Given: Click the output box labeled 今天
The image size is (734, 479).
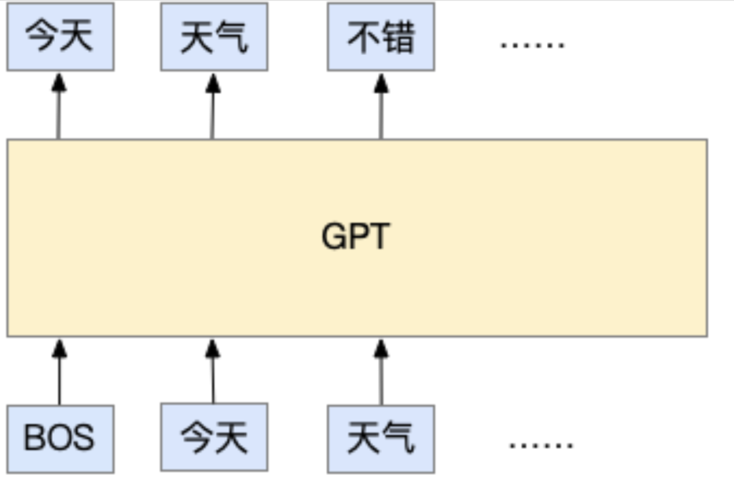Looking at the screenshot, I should pyautogui.click(x=60, y=37).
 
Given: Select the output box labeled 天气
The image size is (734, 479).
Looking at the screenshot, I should pyautogui.click(x=214, y=37).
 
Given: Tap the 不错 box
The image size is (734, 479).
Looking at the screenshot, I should pyautogui.click(x=381, y=37).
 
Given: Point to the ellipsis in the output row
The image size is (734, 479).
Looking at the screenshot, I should pyautogui.click(x=532, y=45).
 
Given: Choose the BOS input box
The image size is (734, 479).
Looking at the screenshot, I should pyautogui.click(x=60, y=438).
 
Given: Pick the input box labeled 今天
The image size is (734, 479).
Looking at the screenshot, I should pyautogui.click(x=214, y=437).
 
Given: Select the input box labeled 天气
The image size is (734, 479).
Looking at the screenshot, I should pyautogui.click(x=381, y=438).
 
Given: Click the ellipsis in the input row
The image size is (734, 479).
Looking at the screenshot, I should pyautogui.click(x=541, y=446).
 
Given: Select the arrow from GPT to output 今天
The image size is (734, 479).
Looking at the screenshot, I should pyautogui.click(x=58, y=106).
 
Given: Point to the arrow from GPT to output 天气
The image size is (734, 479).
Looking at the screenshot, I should pyautogui.click(x=213, y=106).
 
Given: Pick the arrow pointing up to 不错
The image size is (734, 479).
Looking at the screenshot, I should pyautogui.click(x=381, y=106).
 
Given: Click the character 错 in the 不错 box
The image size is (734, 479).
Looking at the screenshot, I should pyautogui.click(x=398, y=37).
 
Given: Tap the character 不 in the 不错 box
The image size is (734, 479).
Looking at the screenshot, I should pyautogui.click(x=364, y=37).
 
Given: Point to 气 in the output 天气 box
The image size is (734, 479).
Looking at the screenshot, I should pyautogui.click(x=232, y=37).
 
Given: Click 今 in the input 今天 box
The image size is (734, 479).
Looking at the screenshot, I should pyautogui.click(x=197, y=438).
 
